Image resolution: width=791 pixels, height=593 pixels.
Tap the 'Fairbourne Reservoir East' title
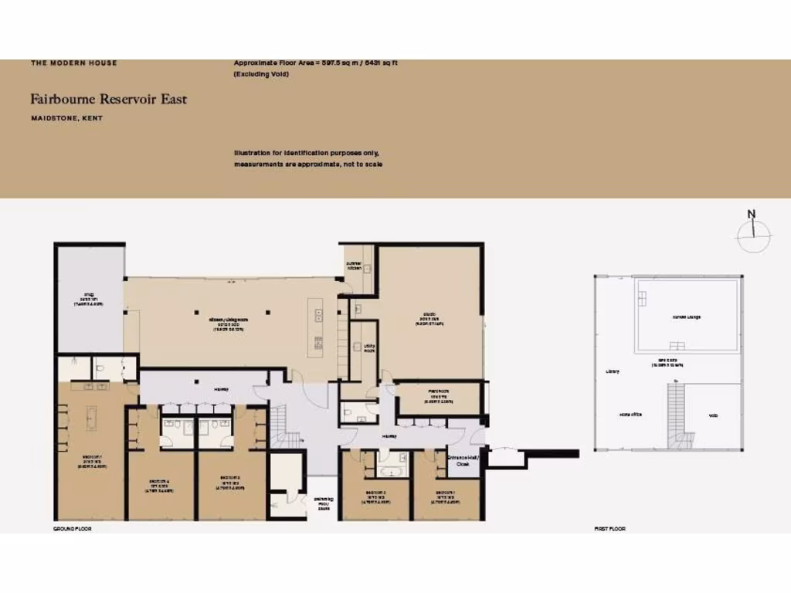108,99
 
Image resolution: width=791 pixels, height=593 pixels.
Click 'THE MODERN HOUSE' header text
74,63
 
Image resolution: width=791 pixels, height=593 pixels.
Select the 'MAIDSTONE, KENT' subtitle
66,118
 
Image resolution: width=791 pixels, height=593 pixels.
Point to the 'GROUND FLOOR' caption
73,529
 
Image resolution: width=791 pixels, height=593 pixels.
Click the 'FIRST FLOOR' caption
609,529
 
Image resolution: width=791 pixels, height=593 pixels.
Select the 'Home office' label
631,415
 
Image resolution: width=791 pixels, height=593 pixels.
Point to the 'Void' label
713,415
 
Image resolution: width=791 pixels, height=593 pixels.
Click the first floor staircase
676,417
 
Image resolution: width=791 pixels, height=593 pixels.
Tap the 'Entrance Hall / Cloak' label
463,462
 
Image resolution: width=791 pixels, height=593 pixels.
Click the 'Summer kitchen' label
354,264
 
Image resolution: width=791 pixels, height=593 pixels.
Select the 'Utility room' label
359,348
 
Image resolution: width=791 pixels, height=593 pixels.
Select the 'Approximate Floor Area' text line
315,63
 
